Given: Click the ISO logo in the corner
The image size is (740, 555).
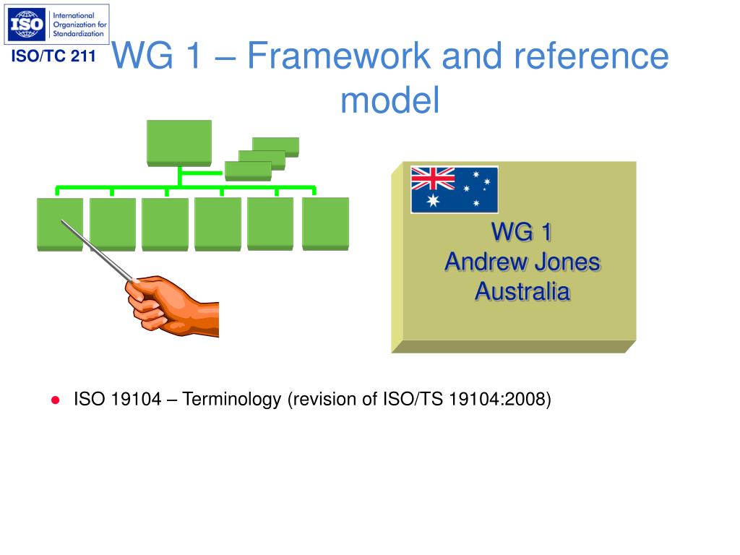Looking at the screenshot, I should point(56,25).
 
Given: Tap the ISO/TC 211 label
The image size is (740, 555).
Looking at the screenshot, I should point(53,56).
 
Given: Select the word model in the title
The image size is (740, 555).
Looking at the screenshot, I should point(390,100).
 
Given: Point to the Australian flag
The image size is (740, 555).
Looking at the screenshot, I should point(454,189).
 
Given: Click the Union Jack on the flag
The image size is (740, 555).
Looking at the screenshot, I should point(433,178).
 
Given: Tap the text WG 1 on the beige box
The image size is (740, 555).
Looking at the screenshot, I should point(522,232).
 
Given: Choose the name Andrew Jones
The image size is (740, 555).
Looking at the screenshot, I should point(522,262).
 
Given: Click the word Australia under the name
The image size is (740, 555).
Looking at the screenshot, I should point(522,291).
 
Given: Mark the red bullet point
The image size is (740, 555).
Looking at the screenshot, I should point(54,400).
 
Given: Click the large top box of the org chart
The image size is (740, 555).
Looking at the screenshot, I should point(178,142).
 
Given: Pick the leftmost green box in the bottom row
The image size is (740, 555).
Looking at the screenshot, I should point(60,223).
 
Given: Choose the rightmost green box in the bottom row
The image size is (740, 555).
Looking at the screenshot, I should point(325,223).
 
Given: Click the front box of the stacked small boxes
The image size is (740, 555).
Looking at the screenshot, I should point(248,170).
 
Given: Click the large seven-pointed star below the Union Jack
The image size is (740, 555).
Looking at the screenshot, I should point(433,200).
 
